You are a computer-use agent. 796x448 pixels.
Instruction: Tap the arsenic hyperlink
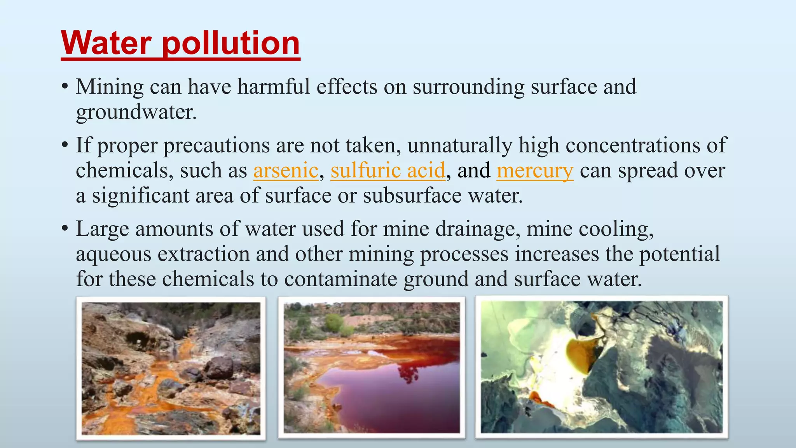[286, 170]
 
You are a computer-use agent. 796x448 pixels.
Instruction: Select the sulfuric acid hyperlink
[388, 170]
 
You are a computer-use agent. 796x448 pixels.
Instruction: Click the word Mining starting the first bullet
[110, 87]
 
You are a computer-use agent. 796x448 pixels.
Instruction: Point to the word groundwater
[136, 112]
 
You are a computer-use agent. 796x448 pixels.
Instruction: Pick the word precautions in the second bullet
[216, 145]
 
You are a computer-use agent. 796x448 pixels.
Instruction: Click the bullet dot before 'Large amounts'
[65, 229]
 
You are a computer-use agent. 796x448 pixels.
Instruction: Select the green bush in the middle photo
[334, 323]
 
